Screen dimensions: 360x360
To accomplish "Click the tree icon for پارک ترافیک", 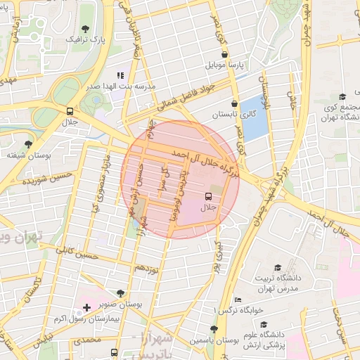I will (x=85, y=29).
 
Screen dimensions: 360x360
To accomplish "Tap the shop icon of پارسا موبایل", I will (x=224, y=54).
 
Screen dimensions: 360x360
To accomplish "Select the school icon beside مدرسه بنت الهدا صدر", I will (x=120, y=75).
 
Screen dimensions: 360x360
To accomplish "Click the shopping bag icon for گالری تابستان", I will (x=224, y=102).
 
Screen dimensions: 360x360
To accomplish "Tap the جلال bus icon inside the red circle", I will (x=208, y=196).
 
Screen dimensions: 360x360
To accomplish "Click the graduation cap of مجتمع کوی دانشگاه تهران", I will (x=342, y=96).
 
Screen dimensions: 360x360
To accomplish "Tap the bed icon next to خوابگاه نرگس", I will (x=238, y=300).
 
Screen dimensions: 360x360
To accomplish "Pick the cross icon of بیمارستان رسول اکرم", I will (x=86, y=307).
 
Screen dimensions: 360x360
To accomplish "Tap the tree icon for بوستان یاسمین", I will (x=214, y=328).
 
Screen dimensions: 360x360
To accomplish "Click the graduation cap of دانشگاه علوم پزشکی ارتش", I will (x=263, y=325).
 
